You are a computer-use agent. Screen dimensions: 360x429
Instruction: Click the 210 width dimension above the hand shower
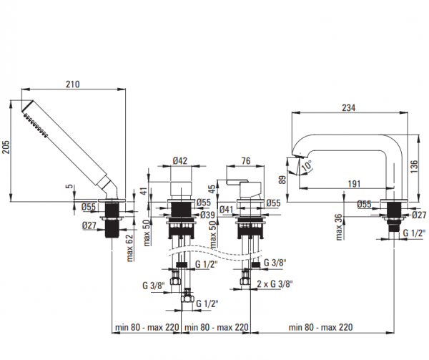(x=73, y=84)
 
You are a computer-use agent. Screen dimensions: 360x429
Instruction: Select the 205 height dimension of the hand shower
(x=8, y=149)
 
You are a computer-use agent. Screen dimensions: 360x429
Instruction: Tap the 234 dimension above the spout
(x=348, y=108)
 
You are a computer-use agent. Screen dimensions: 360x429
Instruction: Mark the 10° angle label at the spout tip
(x=306, y=165)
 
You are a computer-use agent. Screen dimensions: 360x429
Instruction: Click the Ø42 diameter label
(x=181, y=162)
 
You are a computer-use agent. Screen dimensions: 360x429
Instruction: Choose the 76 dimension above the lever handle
(x=245, y=162)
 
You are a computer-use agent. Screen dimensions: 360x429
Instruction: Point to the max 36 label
(x=340, y=225)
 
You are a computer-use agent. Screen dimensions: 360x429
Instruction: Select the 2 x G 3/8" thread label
(x=274, y=285)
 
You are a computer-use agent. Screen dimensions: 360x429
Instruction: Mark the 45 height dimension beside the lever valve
(x=212, y=189)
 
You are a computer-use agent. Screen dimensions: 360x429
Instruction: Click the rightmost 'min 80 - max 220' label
(x=320, y=328)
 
